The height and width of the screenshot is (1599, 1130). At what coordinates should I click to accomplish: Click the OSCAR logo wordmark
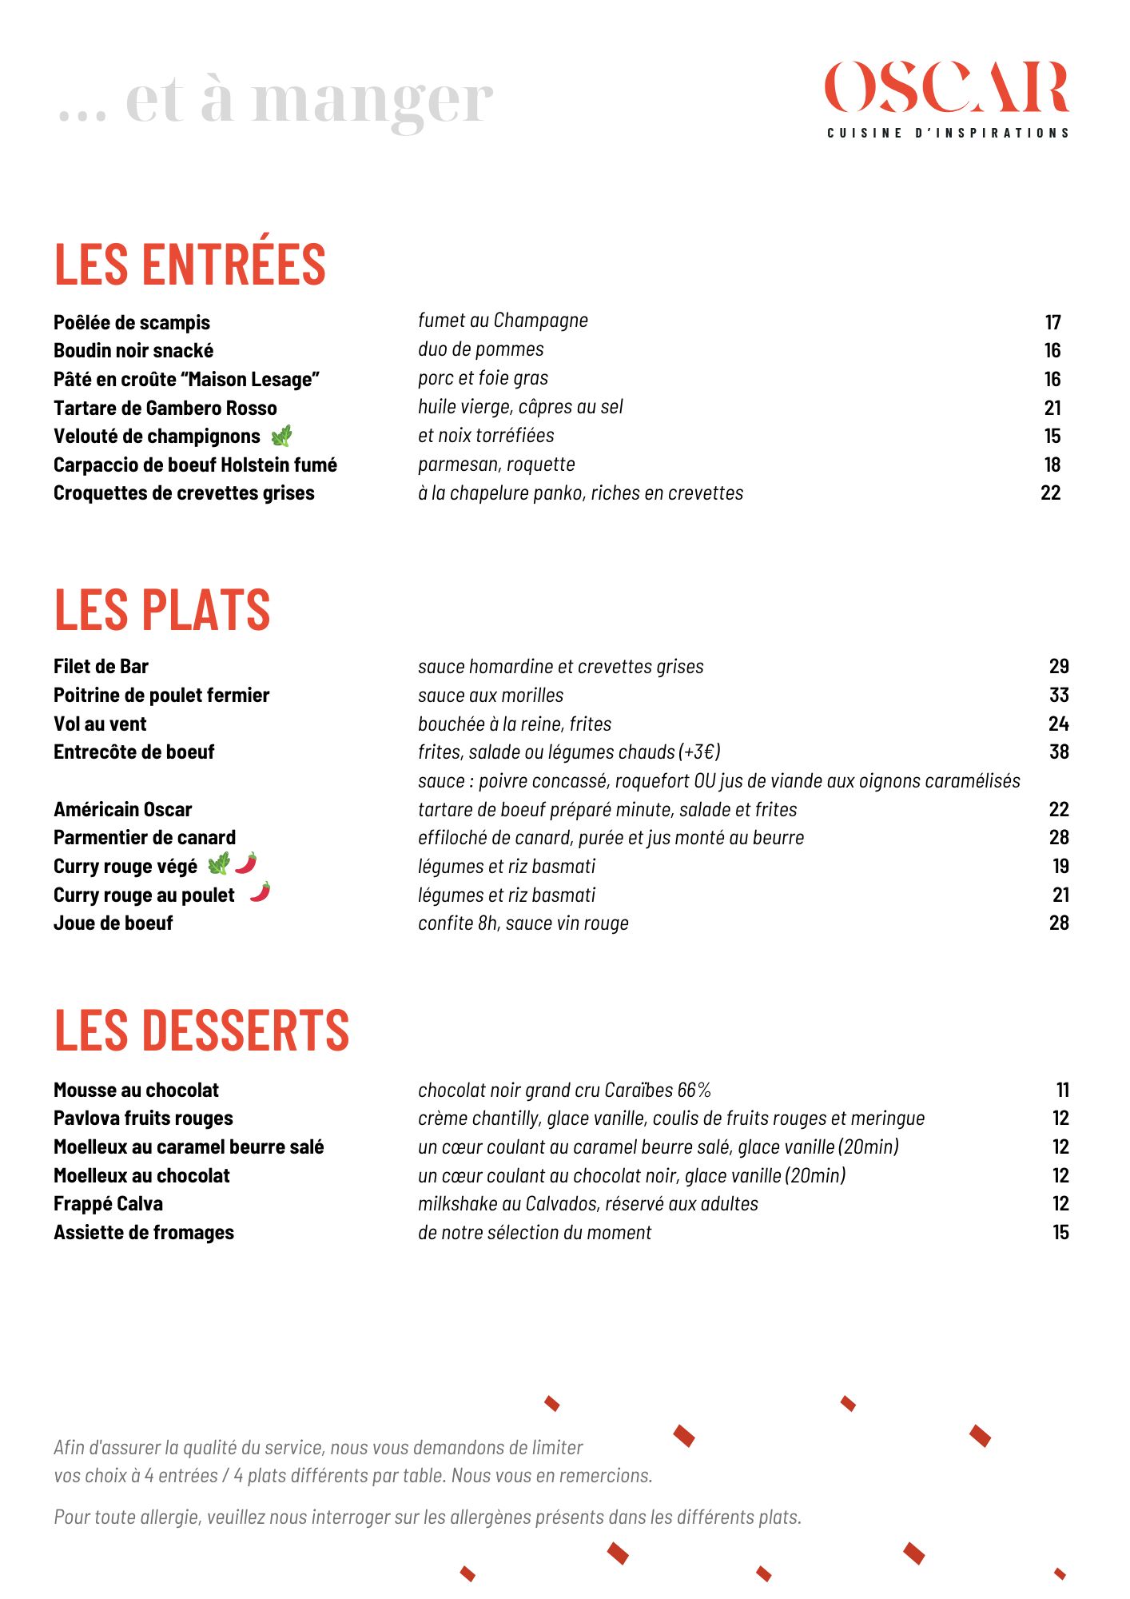coord(947,88)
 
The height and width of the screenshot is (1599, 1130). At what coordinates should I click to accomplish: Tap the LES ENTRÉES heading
coord(190,265)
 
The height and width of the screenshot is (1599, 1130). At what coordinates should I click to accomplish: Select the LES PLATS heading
coord(162,610)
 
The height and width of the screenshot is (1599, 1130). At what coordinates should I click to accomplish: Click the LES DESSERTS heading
coord(201,1031)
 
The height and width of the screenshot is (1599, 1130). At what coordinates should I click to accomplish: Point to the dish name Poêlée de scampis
coord(132,322)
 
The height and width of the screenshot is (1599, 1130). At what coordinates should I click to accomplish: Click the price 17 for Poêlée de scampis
coord(1052,322)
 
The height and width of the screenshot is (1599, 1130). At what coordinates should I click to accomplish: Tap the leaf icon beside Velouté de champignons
coord(281,437)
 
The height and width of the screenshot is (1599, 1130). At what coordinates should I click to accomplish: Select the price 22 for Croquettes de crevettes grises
coord(1050,493)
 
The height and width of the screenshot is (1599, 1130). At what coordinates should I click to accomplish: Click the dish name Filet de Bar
coord(101,667)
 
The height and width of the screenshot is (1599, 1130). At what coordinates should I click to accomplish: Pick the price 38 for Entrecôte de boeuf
coord(1059,752)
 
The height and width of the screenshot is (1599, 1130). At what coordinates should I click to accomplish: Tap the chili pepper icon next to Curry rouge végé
coord(246,863)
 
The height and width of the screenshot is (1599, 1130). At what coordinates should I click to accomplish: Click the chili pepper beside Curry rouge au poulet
coord(260,892)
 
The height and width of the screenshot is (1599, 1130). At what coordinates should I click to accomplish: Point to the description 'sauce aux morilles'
coord(491,696)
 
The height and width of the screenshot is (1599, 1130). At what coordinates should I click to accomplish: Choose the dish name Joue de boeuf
coord(113,923)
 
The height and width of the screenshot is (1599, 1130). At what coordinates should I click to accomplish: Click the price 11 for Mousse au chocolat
coord(1062,1091)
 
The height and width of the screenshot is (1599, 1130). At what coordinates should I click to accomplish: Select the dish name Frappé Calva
coord(109,1204)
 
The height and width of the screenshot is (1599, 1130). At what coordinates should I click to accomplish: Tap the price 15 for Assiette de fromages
coord(1060,1233)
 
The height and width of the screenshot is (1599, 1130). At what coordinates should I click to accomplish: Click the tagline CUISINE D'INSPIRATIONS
coord(948,134)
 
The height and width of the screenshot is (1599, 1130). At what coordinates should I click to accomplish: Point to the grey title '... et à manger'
coord(276,102)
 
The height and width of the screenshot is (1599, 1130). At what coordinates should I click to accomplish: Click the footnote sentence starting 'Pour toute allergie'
coord(428,1517)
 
